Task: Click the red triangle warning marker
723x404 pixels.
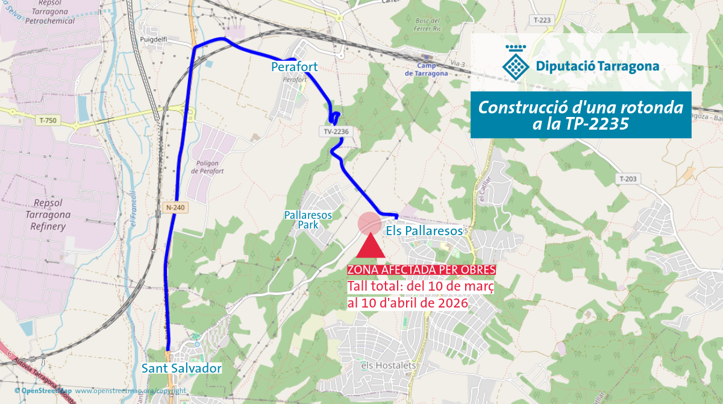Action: coord(371,247)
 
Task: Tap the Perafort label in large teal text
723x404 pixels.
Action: coord(294,66)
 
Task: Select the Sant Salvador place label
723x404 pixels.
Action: coord(181,368)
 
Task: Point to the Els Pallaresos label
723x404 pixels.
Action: coord(424,231)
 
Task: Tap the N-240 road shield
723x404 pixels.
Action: coord(175,207)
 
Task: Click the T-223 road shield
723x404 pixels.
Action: coord(542,21)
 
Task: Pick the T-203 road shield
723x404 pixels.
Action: coord(628,179)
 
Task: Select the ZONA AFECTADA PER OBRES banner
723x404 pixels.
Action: coord(421,269)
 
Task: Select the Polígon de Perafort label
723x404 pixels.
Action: coord(207,167)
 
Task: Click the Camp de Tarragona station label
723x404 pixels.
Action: coord(426,69)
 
